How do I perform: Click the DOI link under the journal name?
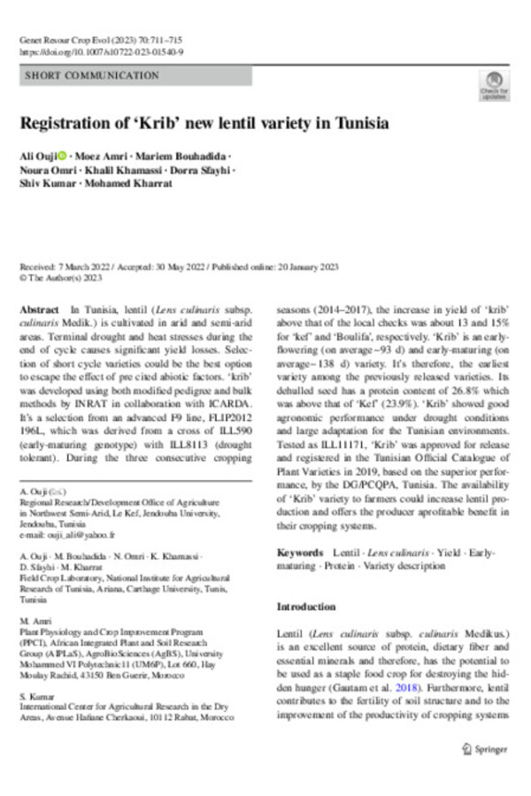tap(101, 52)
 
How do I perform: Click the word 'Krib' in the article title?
tap(195, 123)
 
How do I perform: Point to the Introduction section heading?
tap(306, 608)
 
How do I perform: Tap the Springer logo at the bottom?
tap(485, 749)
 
